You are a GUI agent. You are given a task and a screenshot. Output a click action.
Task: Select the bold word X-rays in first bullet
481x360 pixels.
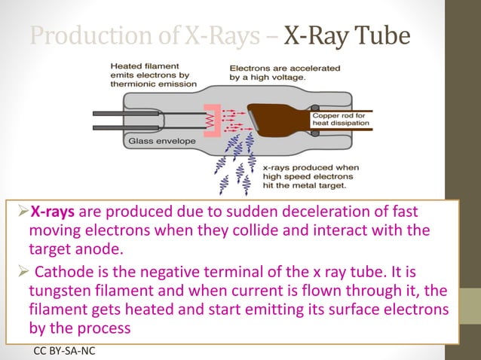coord(53,212)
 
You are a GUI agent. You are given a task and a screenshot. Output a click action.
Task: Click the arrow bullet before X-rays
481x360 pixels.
coord(23,212)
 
